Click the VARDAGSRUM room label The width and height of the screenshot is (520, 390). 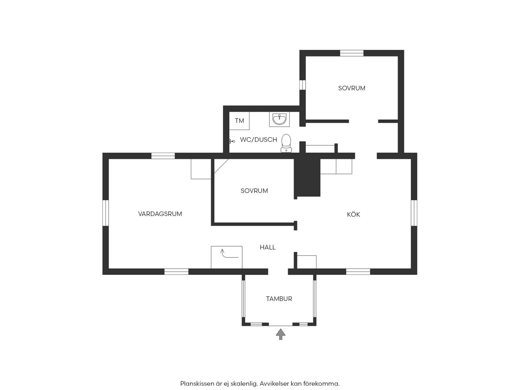pos(160,214)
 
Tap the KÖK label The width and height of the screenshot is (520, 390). pos(353,214)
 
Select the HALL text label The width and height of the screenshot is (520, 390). pos(268,247)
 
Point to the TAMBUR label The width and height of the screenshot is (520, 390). pos(279,299)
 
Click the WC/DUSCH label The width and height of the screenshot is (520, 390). pos(259,140)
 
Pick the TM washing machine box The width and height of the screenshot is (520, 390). pos(239,121)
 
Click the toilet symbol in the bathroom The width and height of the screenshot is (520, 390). pos(286,143)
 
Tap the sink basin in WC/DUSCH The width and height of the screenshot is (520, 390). pos(279,119)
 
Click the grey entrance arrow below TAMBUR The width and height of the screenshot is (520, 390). pos(281,334)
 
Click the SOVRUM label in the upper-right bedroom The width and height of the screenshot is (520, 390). pos(352,88)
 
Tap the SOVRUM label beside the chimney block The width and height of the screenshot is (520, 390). pos(254,191)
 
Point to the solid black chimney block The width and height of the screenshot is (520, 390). pos(307,178)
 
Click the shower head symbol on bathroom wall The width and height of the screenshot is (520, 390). pos(232,141)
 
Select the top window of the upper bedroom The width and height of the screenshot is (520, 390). pos(352,53)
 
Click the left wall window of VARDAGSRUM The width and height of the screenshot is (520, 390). pos(106,213)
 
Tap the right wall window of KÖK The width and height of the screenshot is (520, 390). pos(414,213)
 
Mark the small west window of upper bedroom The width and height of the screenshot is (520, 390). pos(302,85)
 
